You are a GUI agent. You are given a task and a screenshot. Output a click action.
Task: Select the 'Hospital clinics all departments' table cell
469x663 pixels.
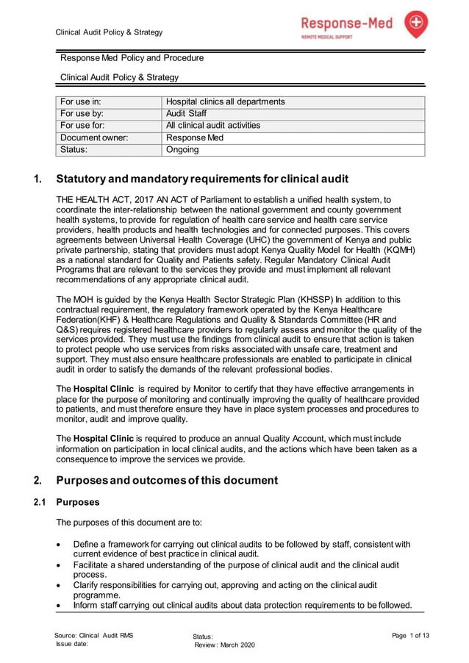pyautogui.click(x=225, y=101)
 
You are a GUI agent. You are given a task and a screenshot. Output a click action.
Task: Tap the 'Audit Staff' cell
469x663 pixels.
pyautogui.click(x=186, y=114)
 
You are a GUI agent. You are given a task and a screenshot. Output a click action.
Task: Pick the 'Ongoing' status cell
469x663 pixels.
pyautogui.click(x=182, y=149)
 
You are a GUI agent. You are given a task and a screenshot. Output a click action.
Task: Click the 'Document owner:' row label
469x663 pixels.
pyautogui.click(x=94, y=137)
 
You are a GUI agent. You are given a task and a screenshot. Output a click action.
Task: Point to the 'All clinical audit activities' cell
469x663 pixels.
pyautogui.click(x=213, y=126)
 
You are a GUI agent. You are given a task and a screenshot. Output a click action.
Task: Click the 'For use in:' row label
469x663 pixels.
pyautogui.click(x=81, y=101)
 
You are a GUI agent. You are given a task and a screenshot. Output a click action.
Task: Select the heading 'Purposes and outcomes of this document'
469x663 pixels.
pyautogui.click(x=167, y=481)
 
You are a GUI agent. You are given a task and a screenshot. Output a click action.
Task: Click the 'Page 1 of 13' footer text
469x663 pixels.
pyautogui.click(x=410, y=635)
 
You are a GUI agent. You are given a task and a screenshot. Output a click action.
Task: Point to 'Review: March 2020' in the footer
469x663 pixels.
pyautogui.click(x=224, y=645)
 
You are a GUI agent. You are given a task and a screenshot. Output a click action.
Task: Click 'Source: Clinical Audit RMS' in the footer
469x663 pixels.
pyautogui.click(x=93, y=635)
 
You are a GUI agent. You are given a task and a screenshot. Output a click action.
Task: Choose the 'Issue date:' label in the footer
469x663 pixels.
pyautogui.click(x=72, y=644)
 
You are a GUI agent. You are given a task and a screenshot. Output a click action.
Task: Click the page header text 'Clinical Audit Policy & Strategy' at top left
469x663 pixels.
pyautogui.click(x=110, y=32)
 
